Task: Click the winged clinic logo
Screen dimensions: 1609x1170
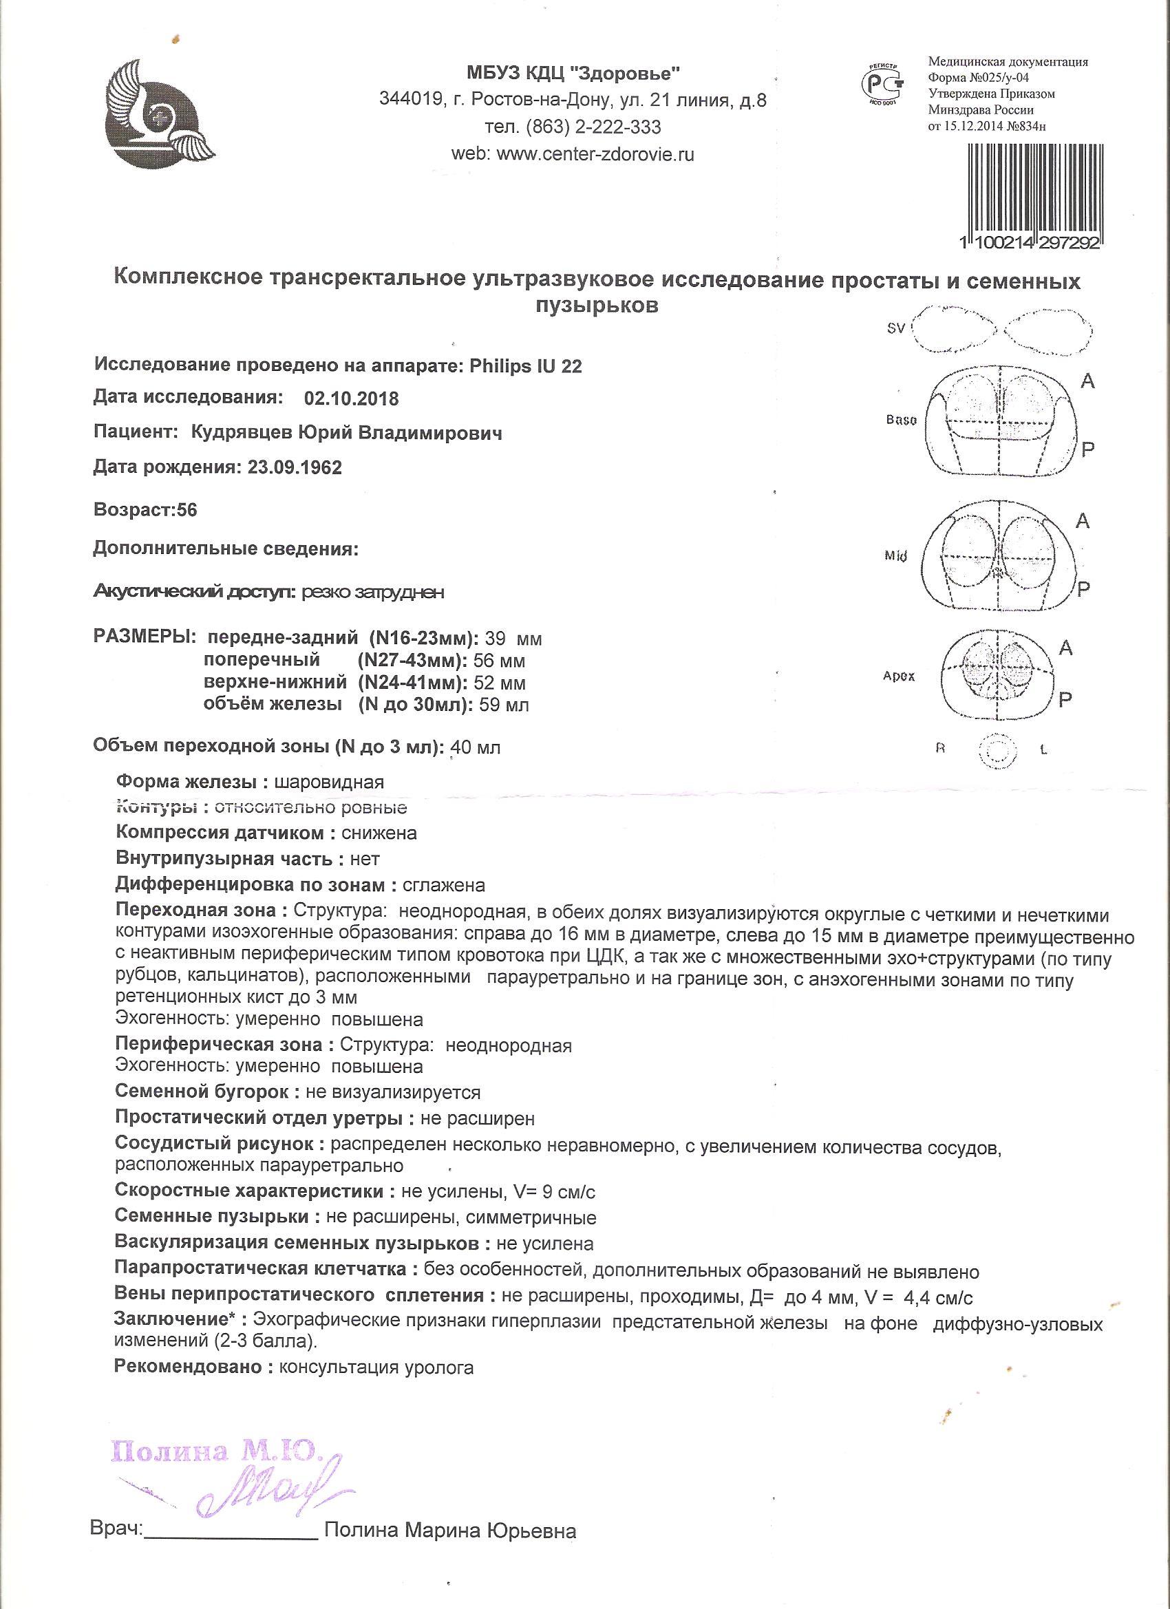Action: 160,112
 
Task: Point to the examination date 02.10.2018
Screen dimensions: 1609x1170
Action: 350,398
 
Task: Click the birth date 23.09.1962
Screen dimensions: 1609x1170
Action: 295,468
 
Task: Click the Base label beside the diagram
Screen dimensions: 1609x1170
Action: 901,419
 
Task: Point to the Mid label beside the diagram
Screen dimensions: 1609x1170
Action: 896,556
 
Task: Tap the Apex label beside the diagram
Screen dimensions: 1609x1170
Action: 899,675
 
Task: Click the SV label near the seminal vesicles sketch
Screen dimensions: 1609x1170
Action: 896,329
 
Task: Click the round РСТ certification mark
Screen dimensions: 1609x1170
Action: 882,83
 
